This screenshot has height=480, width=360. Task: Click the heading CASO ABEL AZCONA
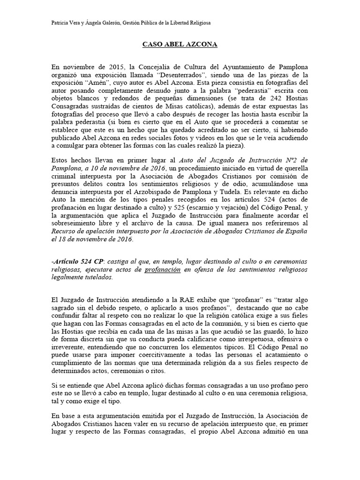point(180,45)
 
